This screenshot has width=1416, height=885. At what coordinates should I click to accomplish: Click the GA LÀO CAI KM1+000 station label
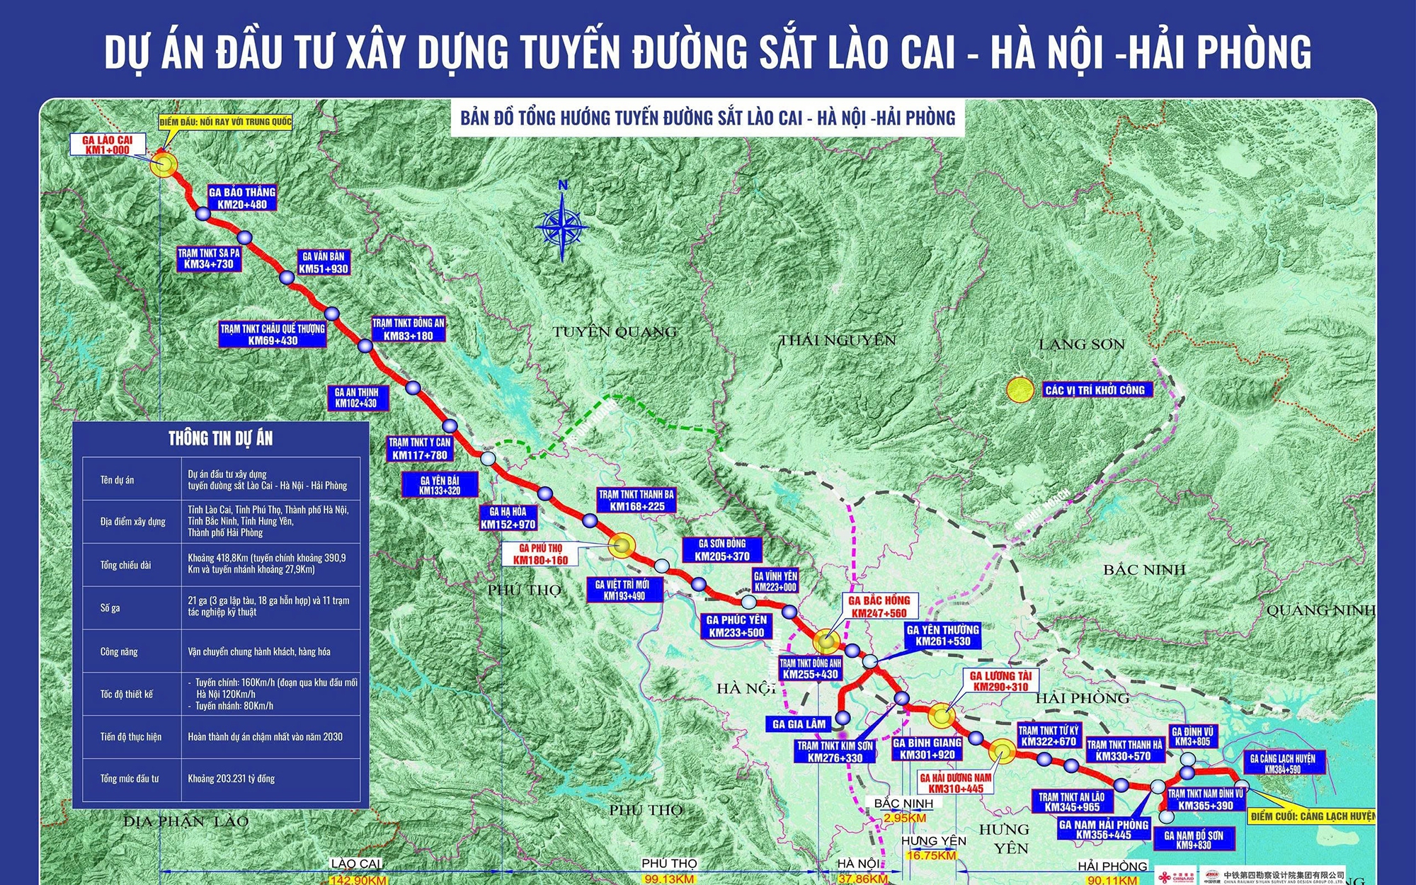pos(108,144)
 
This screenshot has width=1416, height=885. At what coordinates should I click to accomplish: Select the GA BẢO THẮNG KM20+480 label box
pos(242,198)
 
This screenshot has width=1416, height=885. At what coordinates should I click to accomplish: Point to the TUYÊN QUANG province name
pos(615,331)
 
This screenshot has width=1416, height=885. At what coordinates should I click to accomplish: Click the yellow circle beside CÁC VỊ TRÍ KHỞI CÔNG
pos(1020,390)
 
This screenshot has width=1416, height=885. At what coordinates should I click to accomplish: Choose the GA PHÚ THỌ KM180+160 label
pos(540,554)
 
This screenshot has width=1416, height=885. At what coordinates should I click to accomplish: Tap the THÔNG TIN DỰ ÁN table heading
pos(220,438)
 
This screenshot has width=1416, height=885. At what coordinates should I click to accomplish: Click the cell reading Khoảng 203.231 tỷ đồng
pos(232,778)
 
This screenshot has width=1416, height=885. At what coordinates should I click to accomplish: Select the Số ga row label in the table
pos(110,608)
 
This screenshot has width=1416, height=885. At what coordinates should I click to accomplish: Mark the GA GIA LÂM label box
pos(799,724)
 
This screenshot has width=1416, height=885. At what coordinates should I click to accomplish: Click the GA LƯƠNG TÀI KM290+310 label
pos(1000,681)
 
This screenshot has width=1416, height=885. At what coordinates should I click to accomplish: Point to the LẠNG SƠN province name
pos(1081,345)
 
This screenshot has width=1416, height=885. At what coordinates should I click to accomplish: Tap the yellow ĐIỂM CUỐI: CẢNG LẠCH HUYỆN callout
pos(1311,816)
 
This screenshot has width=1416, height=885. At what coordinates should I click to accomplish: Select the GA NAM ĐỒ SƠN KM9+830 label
pos(1194,840)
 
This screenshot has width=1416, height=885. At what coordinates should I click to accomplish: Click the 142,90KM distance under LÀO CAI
pos(358,880)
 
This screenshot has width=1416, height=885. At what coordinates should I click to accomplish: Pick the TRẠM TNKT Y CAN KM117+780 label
pos(420,448)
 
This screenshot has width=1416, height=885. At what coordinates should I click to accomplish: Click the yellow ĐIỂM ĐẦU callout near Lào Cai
pos(225,122)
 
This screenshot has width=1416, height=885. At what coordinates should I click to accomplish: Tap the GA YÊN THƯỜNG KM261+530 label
pos(942,635)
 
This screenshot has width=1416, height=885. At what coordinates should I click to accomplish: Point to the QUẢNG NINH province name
pos(1320,610)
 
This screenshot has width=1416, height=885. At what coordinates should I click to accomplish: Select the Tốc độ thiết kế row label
pos(127,694)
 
